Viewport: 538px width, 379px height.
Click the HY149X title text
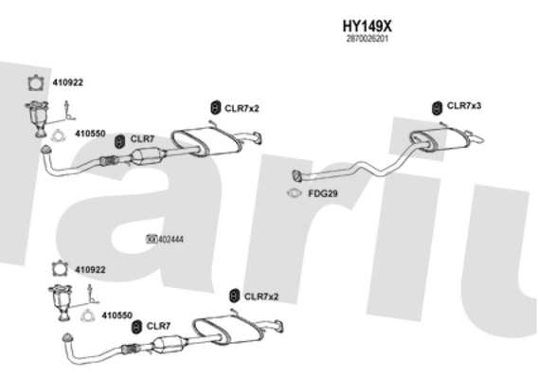pos(367,26)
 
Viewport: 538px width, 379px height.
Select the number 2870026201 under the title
pos(368,39)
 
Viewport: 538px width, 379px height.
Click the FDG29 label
pos(323,193)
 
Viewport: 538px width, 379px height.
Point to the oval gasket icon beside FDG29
pos(294,193)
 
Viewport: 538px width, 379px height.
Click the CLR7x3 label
pos(464,106)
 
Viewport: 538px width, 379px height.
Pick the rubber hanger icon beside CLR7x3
pos(437,108)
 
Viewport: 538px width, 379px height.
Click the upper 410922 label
pos(67,82)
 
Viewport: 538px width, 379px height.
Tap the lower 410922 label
pos(90,270)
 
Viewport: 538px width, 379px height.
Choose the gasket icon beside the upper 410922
pos(36,83)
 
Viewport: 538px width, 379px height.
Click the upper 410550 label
pos(90,134)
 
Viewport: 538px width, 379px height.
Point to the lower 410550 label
pos(117,316)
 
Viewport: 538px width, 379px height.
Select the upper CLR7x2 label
pos(242,108)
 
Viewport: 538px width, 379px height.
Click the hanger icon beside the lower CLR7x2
pos(234,296)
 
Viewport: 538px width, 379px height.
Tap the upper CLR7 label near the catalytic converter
pos(142,139)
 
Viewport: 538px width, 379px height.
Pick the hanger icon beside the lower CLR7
pos(136,327)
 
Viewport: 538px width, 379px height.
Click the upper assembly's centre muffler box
pos(206,141)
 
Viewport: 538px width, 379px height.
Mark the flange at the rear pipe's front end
pos(296,175)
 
